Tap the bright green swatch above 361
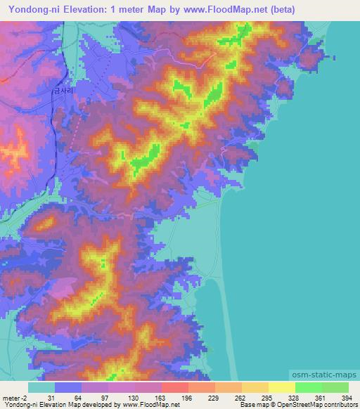(x=308, y=387)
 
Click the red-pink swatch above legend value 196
(x=174, y=387)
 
